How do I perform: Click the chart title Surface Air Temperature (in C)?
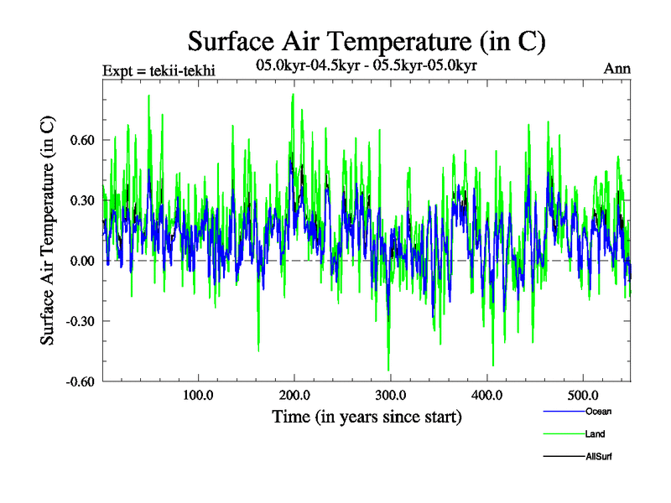coord(367,40)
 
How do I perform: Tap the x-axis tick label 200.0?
coord(294,395)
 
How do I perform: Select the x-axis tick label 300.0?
coord(390,395)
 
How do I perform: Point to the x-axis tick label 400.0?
coord(486,395)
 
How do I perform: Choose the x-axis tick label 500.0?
coord(583,395)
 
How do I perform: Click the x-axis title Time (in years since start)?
coord(367,416)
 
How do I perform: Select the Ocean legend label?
coord(597,411)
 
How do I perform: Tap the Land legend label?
coord(595,434)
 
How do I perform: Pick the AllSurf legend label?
coord(599,457)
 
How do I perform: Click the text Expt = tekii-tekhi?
coord(159,70)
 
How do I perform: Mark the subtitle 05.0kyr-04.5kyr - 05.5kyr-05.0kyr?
coord(366,65)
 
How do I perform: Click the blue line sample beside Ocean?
coord(564,411)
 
